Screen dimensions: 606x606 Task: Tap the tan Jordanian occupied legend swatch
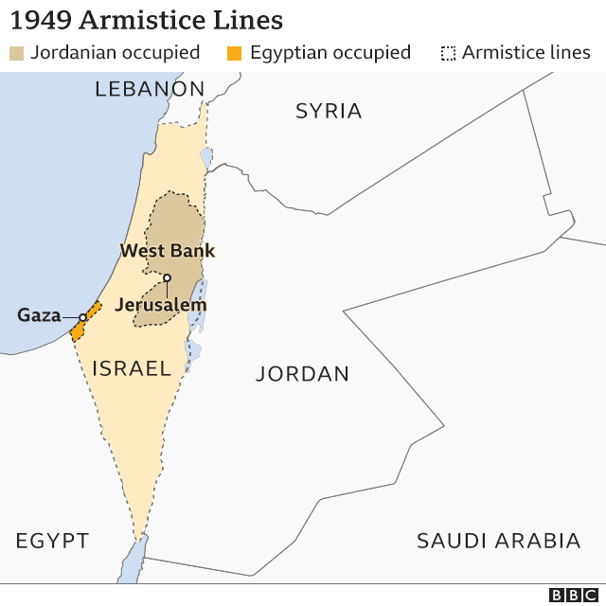click(x=16, y=53)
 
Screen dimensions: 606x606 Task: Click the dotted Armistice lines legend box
click(x=448, y=53)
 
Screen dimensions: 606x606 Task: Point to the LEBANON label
click(x=150, y=89)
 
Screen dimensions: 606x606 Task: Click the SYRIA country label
click(x=329, y=111)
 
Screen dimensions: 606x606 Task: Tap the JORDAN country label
click(x=302, y=374)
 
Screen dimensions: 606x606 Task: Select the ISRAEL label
click(x=131, y=367)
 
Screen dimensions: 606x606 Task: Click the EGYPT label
click(x=52, y=542)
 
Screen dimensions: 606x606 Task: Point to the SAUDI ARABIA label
click(x=498, y=541)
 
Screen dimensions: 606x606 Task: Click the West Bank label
click(x=168, y=251)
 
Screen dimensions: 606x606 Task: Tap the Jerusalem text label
click(x=160, y=305)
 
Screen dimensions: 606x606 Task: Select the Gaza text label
click(x=39, y=315)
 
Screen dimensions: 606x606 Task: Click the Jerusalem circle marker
click(x=166, y=277)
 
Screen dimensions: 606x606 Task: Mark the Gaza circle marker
click(x=82, y=317)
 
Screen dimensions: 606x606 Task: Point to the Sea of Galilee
click(x=205, y=155)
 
